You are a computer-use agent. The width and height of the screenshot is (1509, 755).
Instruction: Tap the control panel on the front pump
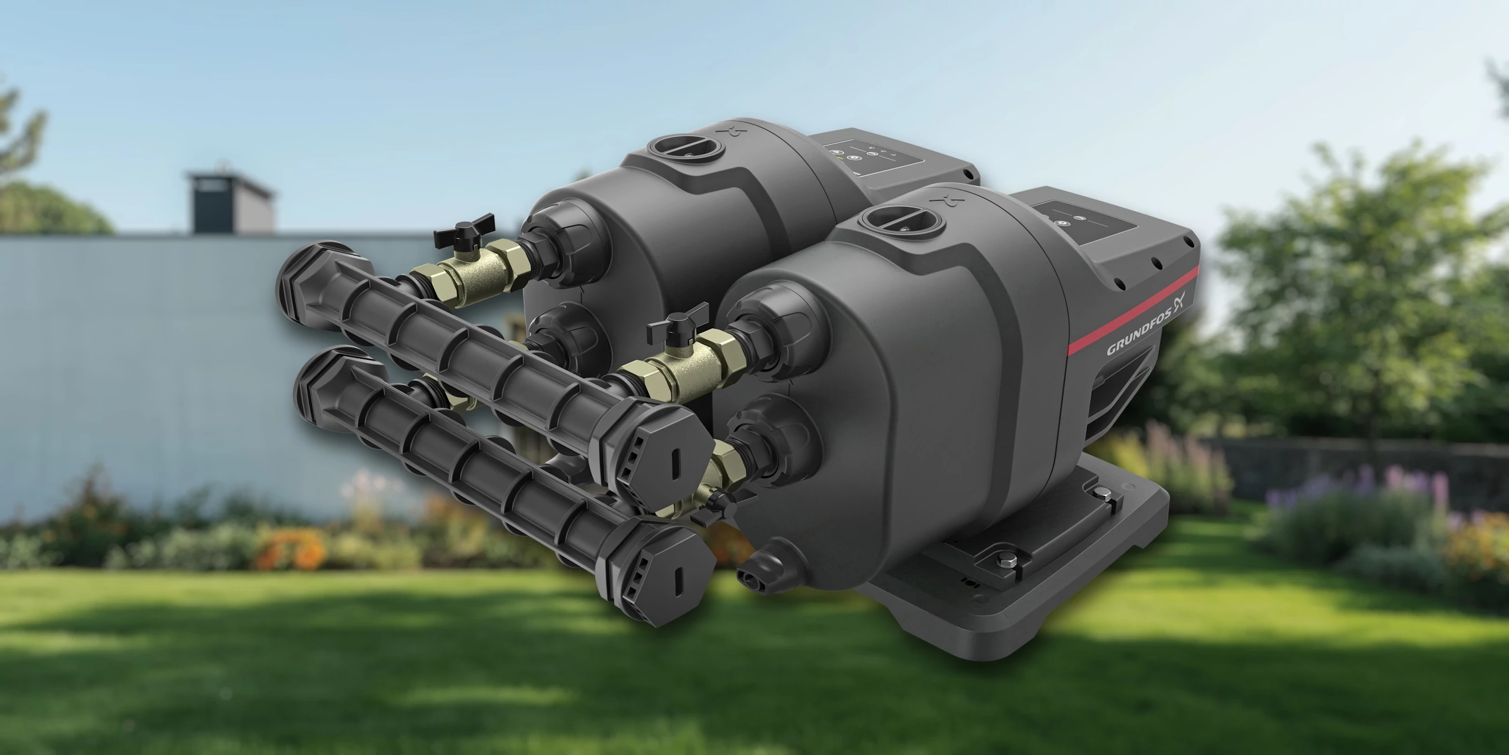click(x=1079, y=224)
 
